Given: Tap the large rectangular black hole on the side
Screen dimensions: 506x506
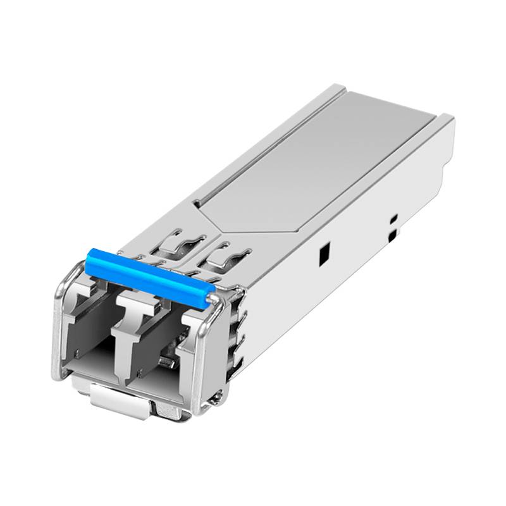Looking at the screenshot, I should point(323,254).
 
